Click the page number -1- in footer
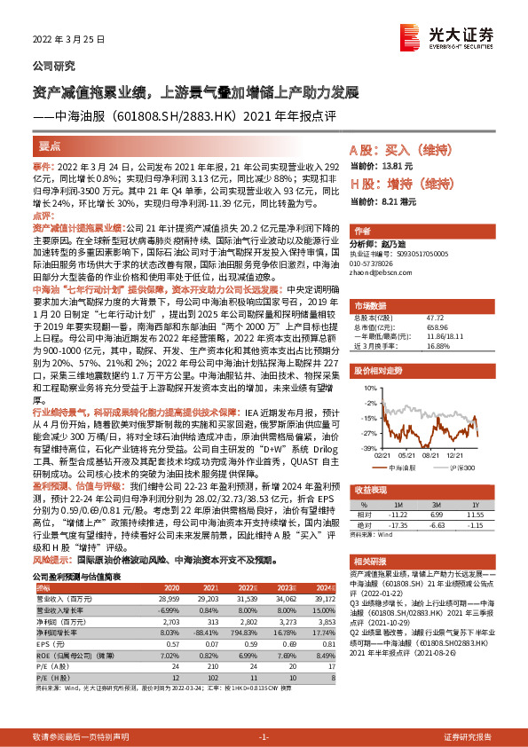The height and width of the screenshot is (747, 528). pos(263,736)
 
